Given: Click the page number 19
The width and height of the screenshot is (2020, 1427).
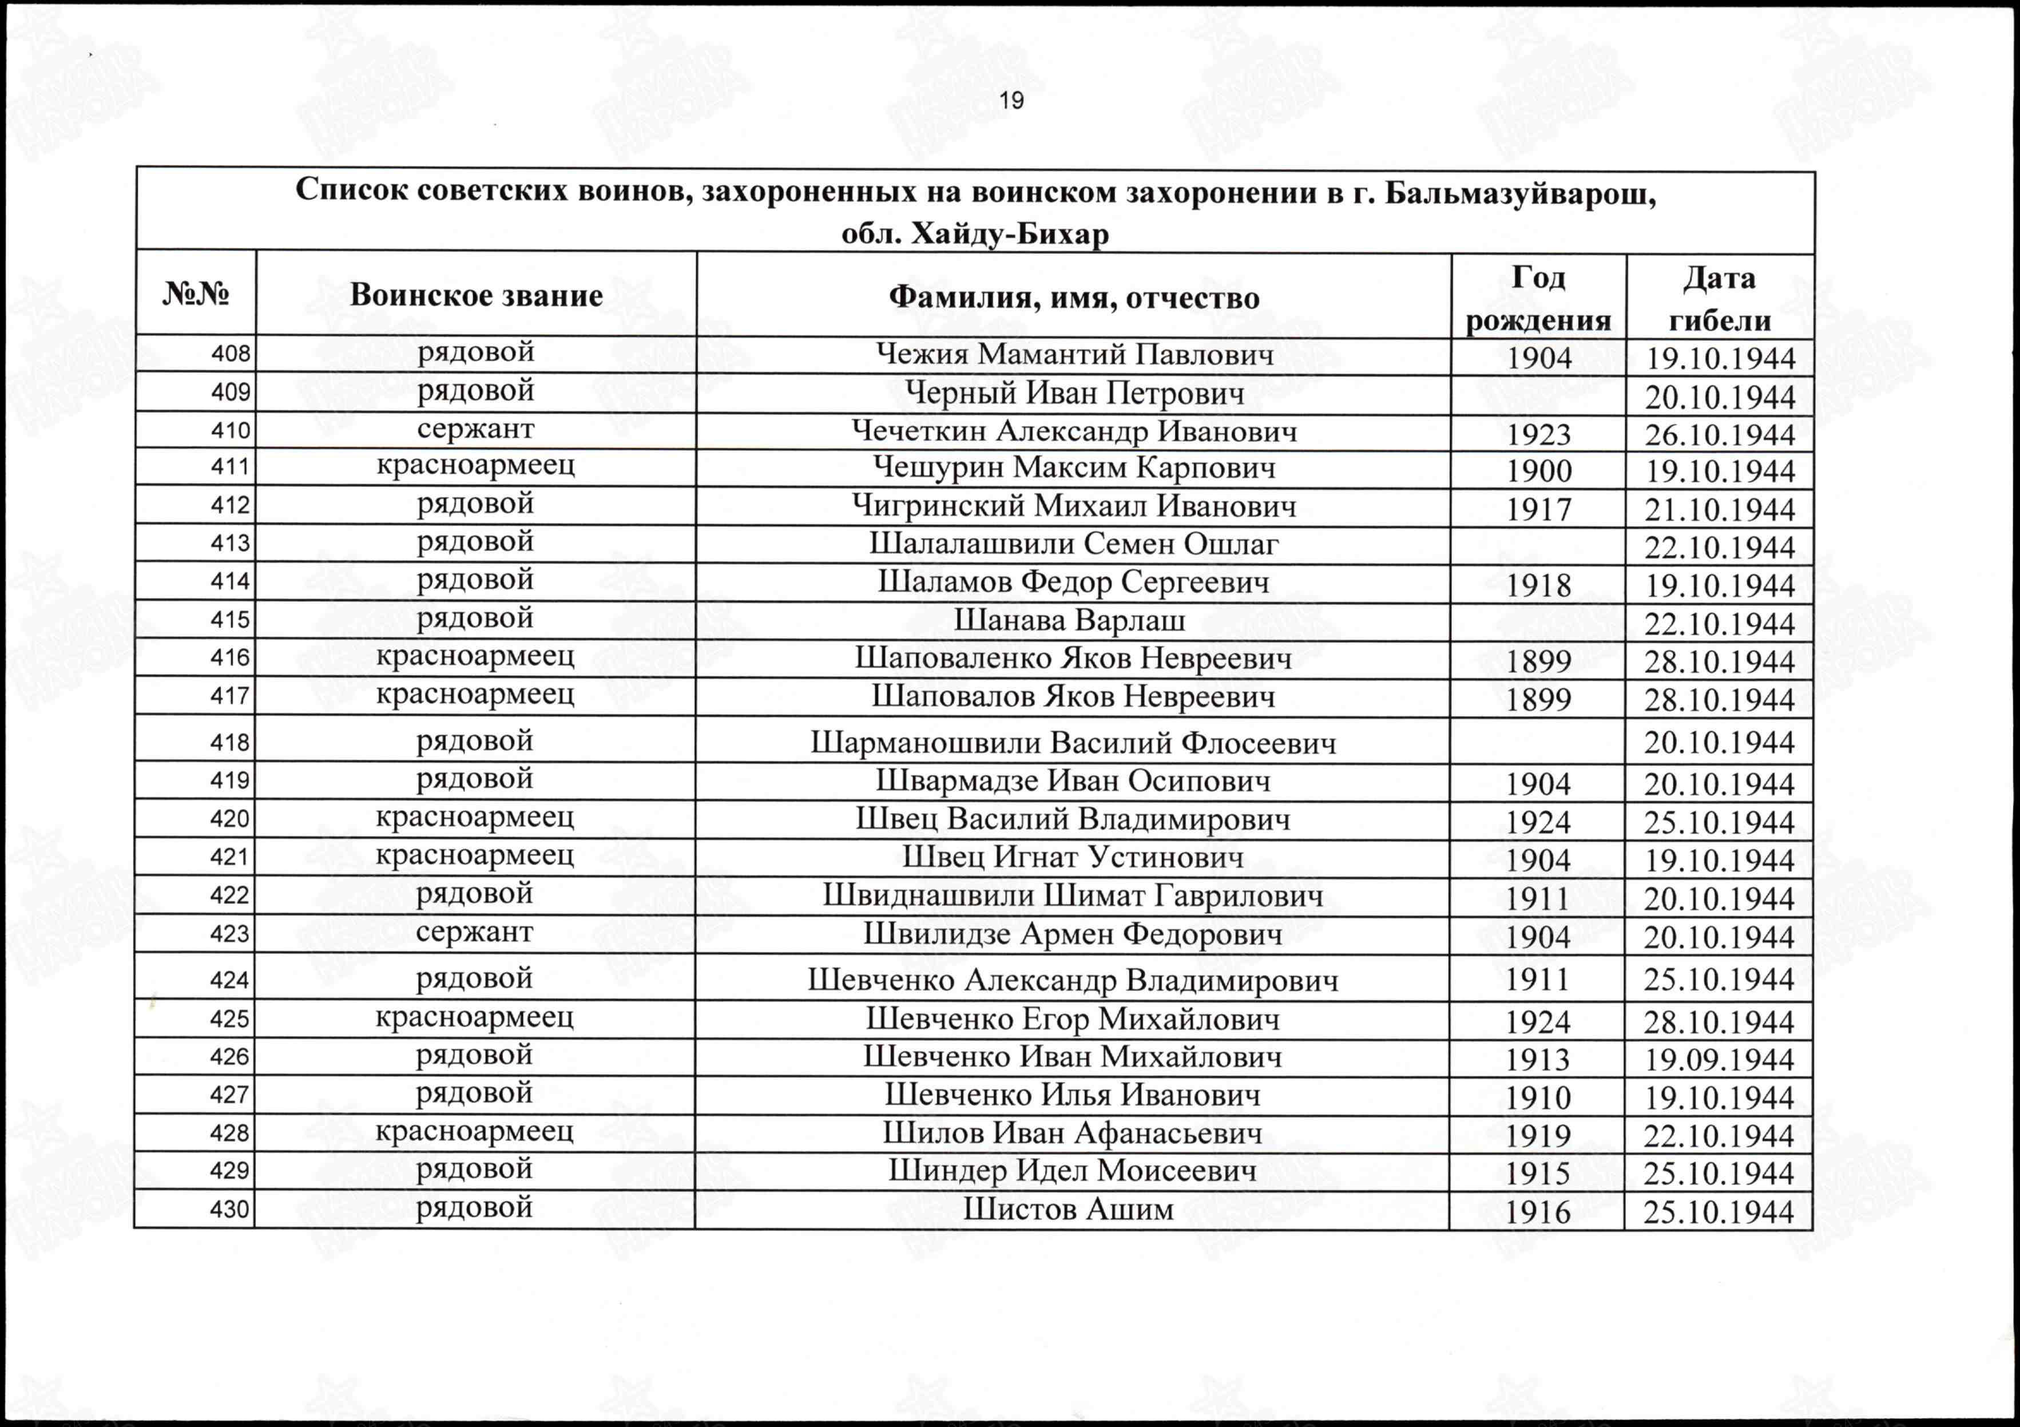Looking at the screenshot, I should (x=1011, y=101).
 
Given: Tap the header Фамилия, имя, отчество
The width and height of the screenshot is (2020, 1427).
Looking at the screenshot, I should (x=1073, y=298).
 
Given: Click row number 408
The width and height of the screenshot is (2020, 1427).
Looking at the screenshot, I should (x=231, y=354).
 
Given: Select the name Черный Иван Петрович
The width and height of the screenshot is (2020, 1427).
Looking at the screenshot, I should (x=1073, y=393).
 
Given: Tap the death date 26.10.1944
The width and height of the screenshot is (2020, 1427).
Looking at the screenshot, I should (x=1719, y=435).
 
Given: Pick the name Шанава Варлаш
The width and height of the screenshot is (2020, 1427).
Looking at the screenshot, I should (x=1070, y=621).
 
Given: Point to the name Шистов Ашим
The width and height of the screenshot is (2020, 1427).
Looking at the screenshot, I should (x=1068, y=1210).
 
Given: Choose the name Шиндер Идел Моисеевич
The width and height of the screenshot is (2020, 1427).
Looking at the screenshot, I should (x=1071, y=1171).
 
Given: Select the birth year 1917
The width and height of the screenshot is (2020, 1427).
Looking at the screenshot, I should (x=1538, y=509).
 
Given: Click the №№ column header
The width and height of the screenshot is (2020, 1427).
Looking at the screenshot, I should (x=195, y=294).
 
